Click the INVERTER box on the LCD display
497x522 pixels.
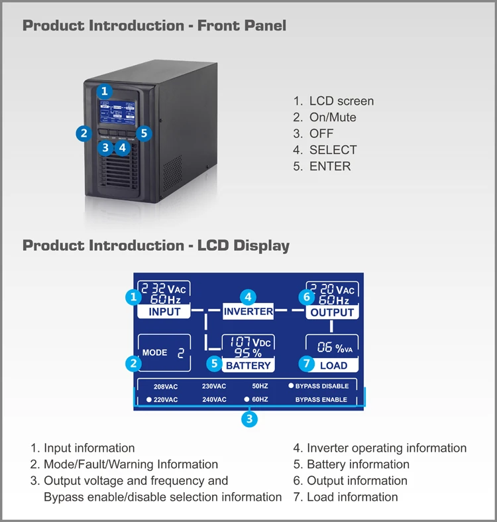point(248,311)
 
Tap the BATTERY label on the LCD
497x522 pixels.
point(248,365)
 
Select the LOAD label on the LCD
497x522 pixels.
point(333,365)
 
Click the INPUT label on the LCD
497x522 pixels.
point(164,312)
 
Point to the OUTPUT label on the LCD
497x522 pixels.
point(333,312)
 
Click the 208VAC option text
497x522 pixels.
point(166,386)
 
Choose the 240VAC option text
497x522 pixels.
point(214,400)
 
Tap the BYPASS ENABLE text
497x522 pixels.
point(321,400)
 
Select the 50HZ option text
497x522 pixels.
point(260,386)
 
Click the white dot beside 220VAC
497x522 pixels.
point(148,400)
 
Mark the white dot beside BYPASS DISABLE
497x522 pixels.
point(290,385)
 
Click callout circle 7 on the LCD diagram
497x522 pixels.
point(306,363)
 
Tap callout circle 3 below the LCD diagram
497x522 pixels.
point(248,419)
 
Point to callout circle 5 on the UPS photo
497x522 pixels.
point(145,133)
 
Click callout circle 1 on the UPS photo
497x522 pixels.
point(105,91)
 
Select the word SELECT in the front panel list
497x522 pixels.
point(333,150)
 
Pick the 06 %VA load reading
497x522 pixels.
point(335,348)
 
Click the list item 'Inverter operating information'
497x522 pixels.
point(386,448)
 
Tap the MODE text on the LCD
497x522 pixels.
point(154,353)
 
